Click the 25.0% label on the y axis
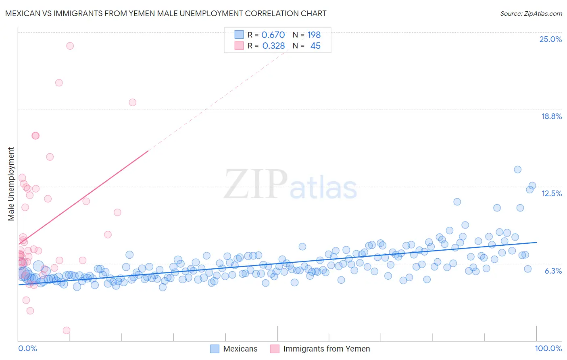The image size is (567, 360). coord(550,39)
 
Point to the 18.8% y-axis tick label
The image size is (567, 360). coord(551,116)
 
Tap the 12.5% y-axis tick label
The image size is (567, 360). coord(551,193)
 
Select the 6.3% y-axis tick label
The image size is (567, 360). coord(553,271)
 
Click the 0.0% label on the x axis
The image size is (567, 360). coord(27,348)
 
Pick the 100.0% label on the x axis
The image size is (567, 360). coord(548,348)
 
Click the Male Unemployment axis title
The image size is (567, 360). coord(11,184)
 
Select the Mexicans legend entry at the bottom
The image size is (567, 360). coord(240,349)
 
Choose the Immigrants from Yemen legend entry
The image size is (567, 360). coord(326,349)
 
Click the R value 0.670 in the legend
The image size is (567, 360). coord(273,35)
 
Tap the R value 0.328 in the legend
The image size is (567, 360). coord(273,46)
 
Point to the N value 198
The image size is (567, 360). coord(314,35)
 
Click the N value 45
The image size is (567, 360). coord(315,46)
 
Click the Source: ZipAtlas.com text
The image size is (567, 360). coord(531,14)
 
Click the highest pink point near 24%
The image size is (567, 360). coord(70,46)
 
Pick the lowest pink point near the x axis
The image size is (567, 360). coord(67,330)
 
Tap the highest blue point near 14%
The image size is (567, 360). coord(517,170)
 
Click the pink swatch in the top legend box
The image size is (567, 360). coord(239,46)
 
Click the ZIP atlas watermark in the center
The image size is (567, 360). coord(290,185)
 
